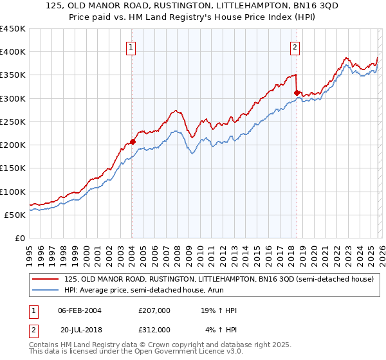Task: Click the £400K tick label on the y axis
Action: tap(13, 52)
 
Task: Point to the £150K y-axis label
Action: tap(13, 168)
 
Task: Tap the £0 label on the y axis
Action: tap(20, 239)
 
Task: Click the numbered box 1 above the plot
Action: tap(131, 46)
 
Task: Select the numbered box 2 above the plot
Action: tap(295, 46)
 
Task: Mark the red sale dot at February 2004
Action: tap(133, 141)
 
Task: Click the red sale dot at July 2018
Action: tap(297, 93)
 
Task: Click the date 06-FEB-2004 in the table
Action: tap(80, 310)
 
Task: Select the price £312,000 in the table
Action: tap(154, 330)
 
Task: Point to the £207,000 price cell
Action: tap(154, 310)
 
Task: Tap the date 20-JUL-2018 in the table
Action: tap(80, 330)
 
